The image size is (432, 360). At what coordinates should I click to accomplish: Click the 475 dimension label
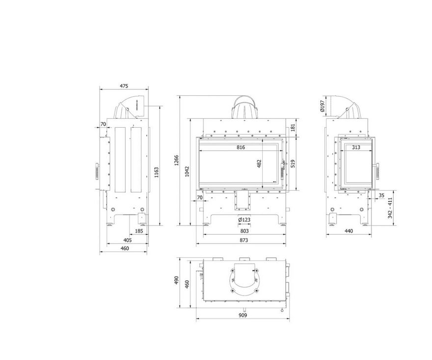pos(124,86)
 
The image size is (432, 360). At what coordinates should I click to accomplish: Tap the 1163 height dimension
pos(156,172)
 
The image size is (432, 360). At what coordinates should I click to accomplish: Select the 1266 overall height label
pos(177,161)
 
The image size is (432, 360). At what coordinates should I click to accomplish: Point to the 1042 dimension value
pos(187,171)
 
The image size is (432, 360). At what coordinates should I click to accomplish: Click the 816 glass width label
pos(241,147)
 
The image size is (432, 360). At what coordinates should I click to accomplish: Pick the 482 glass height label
pos(259,164)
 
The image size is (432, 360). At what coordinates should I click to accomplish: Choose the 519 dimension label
pos(293,164)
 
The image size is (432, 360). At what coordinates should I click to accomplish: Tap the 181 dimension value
pos(293,127)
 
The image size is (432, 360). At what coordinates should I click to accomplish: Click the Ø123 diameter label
pos(244,220)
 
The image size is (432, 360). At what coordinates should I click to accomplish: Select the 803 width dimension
pos(244,231)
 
